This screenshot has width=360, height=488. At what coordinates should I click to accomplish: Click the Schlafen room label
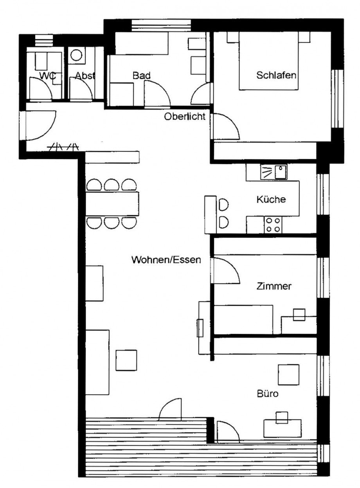click(x=276, y=75)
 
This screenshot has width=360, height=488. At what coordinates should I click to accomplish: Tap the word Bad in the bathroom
click(x=141, y=76)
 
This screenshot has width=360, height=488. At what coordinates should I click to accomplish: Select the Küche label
click(x=271, y=199)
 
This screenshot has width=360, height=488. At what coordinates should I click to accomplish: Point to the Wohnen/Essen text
click(x=166, y=259)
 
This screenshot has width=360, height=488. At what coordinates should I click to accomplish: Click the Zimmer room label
click(x=274, y=286)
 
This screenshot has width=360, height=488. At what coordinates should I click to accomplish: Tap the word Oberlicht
click(x=185, y=117)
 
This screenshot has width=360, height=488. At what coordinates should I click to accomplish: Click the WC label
click(x=48, y=76)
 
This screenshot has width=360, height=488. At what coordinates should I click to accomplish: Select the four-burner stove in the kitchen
click(x=273, y=225)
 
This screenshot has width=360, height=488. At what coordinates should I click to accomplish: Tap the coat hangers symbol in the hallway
click(x=63, y=147)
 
